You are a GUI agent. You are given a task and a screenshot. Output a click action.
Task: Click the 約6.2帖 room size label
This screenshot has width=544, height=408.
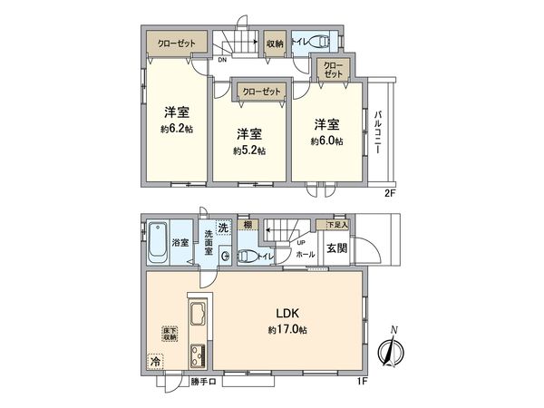[177, 129]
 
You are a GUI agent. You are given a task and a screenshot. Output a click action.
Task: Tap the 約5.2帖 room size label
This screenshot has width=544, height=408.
[249, 151]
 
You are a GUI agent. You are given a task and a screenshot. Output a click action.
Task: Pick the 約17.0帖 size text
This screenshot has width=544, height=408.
[287, 331]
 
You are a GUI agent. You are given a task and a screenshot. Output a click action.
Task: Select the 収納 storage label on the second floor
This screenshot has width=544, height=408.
[275, 43]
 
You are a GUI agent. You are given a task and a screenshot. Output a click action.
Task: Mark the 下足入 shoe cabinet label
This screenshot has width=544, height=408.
[337, 223]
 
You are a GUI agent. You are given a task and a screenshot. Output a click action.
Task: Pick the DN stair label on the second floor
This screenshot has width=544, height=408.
[223, 61]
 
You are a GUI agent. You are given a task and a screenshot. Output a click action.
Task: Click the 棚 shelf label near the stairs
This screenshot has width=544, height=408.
[247, 225]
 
